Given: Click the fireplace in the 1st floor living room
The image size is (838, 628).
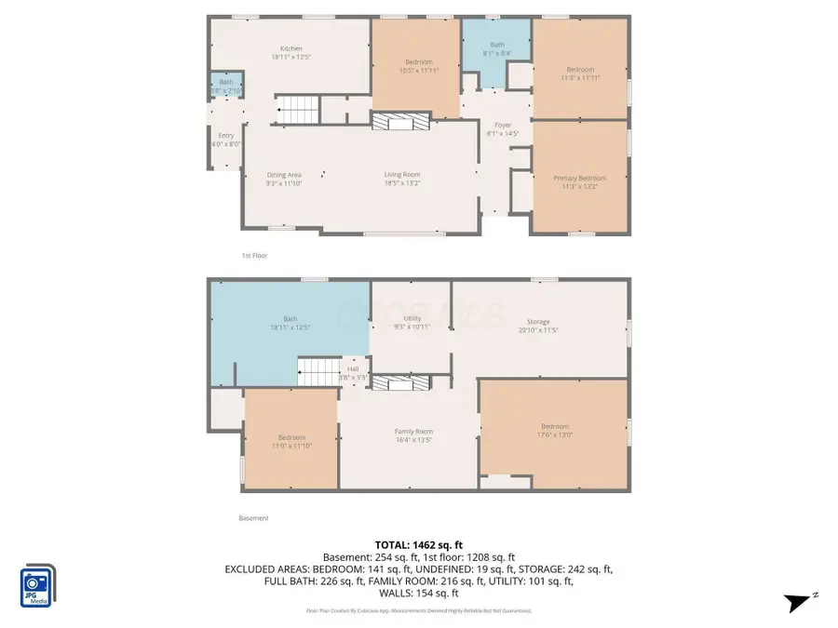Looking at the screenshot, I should (x=401, y=123).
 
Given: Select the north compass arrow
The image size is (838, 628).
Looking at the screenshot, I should (x=799, y=602).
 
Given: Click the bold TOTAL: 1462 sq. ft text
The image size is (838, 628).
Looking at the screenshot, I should (x=418, y=544).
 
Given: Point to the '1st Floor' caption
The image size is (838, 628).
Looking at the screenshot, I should (x=255, y=255).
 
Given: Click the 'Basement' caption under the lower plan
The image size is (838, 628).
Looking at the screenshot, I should (x=253, y=518).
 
